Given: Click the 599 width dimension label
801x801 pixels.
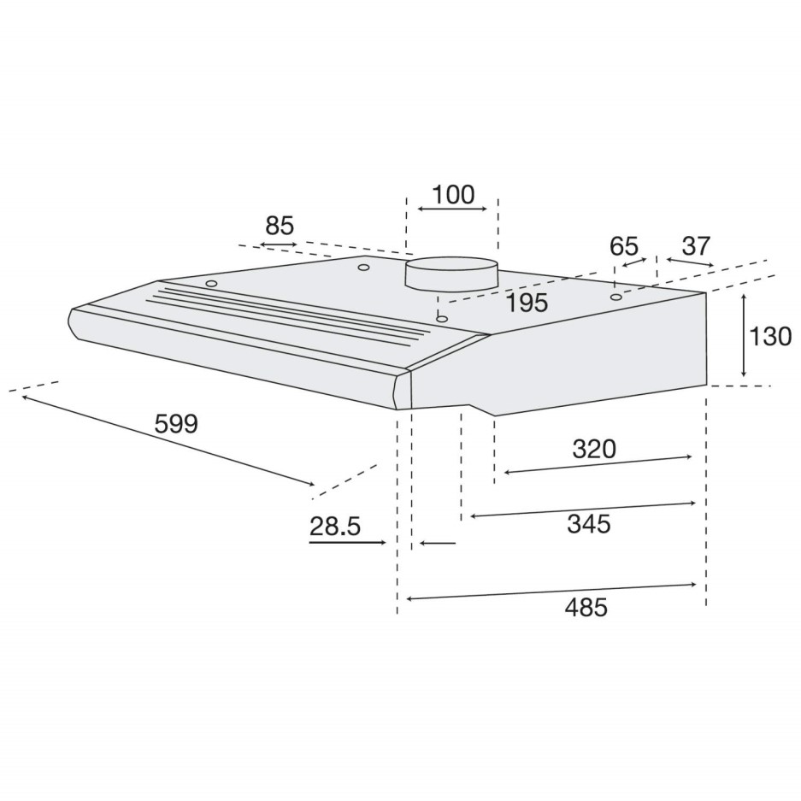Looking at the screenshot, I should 177,423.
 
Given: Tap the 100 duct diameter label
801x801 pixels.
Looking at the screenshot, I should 452,195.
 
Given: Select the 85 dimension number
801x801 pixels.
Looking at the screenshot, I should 280,227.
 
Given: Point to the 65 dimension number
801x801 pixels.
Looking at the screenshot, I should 624,246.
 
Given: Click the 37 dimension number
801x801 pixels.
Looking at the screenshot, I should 697,246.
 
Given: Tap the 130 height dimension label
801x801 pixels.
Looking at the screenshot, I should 770,337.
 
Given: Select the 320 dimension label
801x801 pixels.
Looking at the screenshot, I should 594,449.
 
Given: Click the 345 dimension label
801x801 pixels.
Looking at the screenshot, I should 589,524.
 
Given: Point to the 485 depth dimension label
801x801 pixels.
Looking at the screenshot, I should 586,607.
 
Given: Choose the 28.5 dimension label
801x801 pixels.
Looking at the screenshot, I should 334,527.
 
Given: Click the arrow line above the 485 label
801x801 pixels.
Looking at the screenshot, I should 551,592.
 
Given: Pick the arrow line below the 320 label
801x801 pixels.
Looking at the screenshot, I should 598,464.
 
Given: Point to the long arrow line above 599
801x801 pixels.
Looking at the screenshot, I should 167,440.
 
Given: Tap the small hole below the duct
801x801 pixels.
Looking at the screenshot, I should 441,319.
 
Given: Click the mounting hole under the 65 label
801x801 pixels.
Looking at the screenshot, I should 615,297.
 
